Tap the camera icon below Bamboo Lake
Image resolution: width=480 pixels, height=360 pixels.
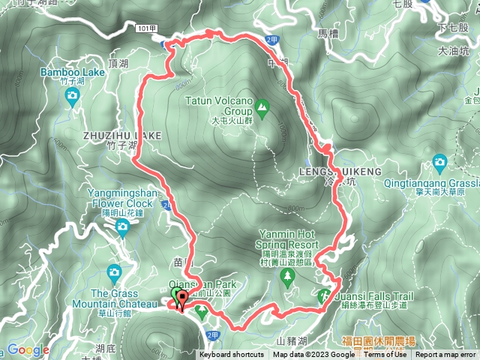coord(71,95)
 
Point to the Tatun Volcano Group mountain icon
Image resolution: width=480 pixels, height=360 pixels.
coord(262,108)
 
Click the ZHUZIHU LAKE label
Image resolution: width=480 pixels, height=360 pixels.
coord(124,135)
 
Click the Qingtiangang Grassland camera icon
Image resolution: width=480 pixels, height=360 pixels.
coord(439,160)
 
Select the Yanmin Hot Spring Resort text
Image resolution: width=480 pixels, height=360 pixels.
coord(290,238)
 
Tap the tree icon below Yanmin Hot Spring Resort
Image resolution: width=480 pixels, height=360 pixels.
coord(288,276)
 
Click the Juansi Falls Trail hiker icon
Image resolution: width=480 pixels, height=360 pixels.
coord(324,296)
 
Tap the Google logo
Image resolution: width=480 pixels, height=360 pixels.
coord(28,350)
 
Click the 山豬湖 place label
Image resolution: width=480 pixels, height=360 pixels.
coord(292,341)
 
